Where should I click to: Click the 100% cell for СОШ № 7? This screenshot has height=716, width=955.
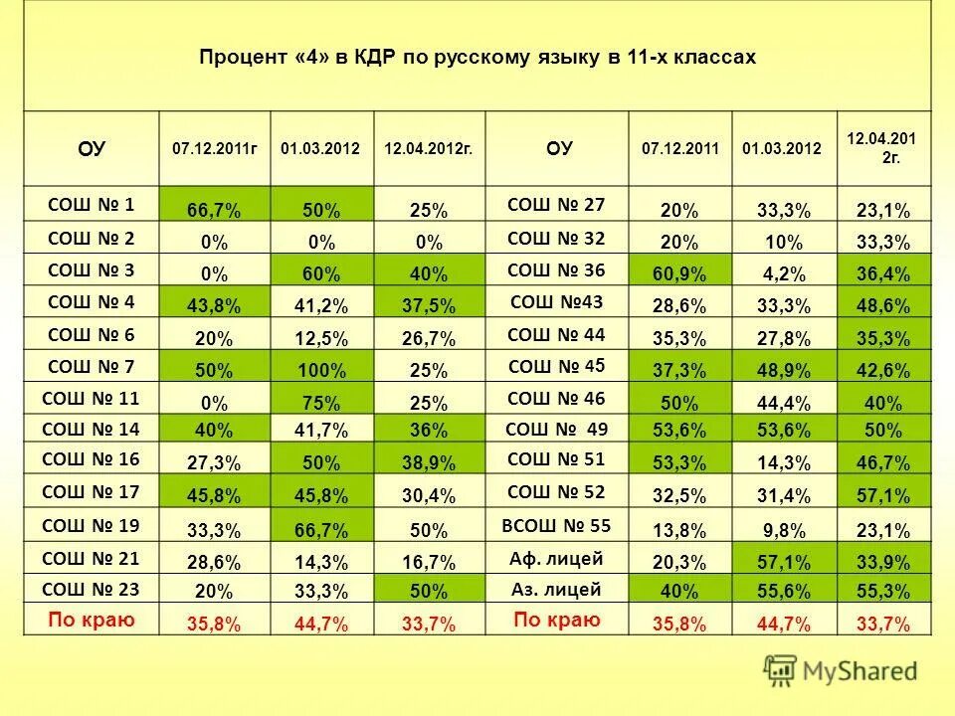[320, 371]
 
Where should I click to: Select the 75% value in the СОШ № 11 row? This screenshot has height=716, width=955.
[320, 404]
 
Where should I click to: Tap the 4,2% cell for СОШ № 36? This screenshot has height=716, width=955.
[784, 273]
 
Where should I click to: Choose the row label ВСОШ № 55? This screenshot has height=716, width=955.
[558, 525]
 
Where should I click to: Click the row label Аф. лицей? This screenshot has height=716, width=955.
[558, 558]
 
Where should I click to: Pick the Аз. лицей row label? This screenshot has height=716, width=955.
[558, 590]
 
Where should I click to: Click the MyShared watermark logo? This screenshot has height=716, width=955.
[841, 670]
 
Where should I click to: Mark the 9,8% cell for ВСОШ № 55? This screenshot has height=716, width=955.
[784, 529]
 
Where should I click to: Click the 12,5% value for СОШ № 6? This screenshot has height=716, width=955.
[320, 339]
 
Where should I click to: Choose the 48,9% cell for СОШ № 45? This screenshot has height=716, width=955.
[784, 371]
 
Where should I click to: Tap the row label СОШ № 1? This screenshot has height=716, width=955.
[91, 205]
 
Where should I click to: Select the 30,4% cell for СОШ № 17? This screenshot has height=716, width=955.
[428, 495]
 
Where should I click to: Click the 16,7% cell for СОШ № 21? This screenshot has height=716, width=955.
[428, 562]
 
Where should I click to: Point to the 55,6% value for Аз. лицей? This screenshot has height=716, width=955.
[784, 593]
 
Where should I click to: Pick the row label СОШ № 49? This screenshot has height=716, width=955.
[558, 429]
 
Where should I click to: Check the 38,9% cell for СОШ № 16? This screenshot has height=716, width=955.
[428, 463]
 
